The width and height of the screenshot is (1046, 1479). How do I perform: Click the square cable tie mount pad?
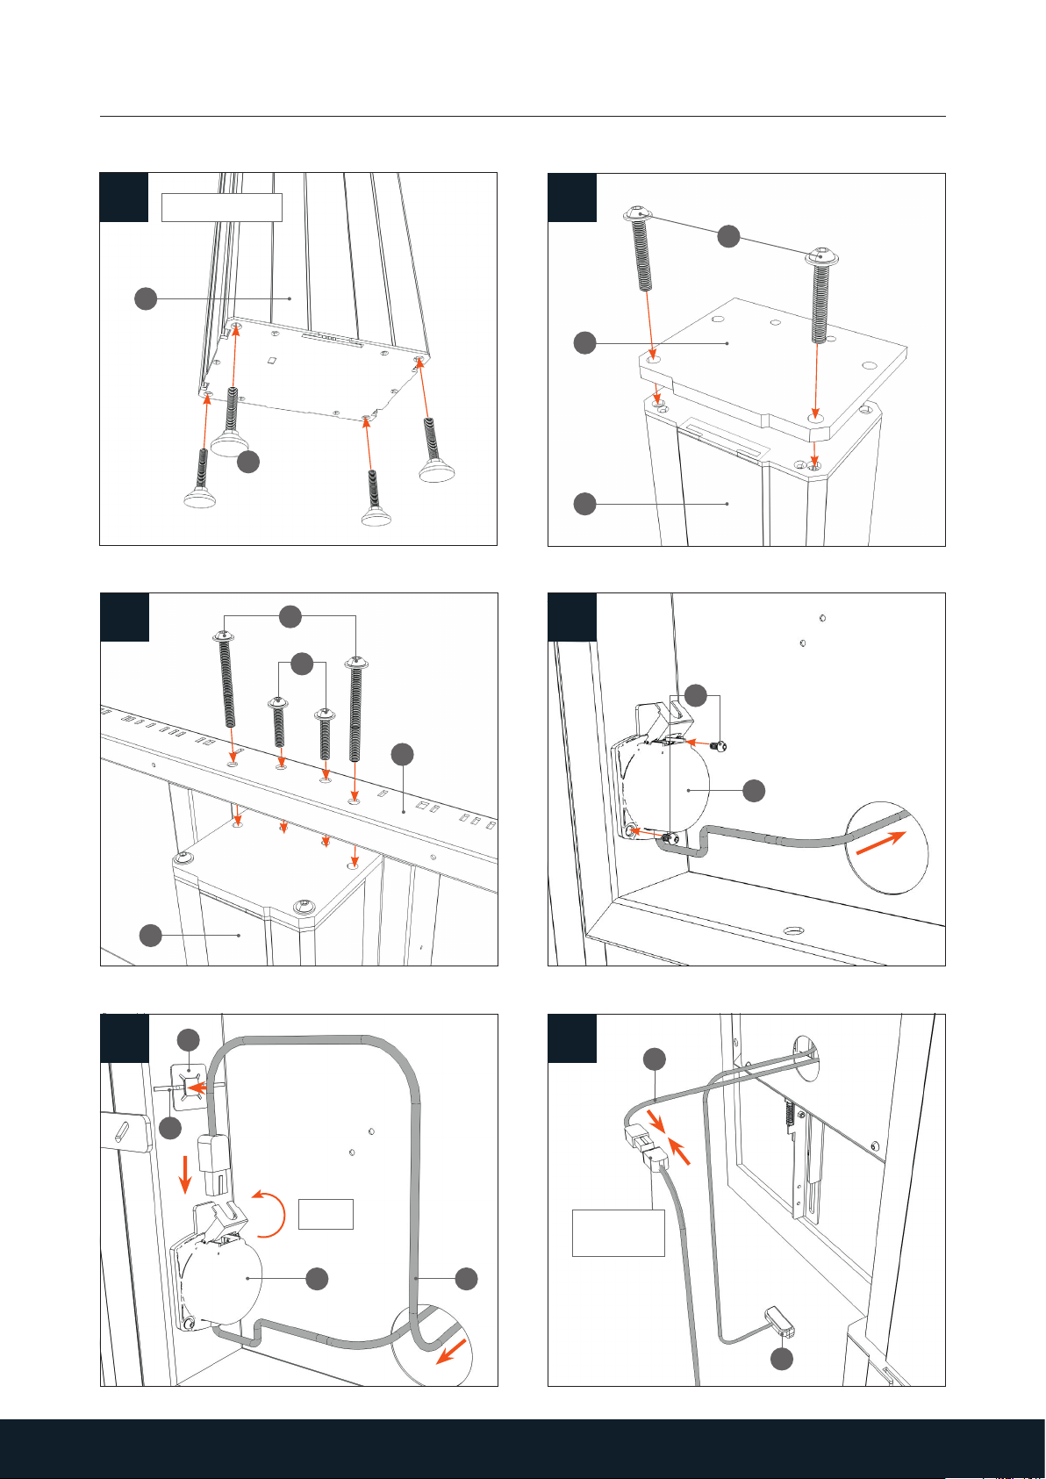click(x=190, y=1085)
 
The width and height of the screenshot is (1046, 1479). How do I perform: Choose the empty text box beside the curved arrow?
click(x=326, y=1213)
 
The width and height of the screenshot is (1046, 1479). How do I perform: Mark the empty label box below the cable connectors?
click(x=618, y=1232)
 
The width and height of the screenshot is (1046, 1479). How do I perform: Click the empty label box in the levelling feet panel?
click(x=222, y=207)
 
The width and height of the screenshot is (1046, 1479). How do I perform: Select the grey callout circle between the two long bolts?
click(x=727, y=236)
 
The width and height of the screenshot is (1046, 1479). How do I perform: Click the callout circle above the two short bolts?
click(x=301, y=664)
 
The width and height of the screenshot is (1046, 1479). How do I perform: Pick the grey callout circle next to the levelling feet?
click(x=248, y=463)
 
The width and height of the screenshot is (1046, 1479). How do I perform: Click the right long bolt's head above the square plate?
click(x=823, y=257)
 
